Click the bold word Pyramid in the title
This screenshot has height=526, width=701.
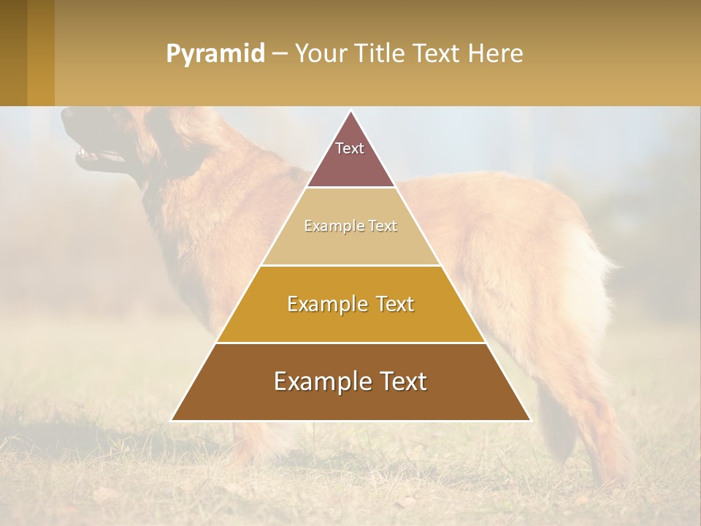click(x=215, y=54)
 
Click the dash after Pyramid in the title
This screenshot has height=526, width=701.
click(x=279, y=54)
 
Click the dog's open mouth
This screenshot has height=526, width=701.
click(x=91, y=155)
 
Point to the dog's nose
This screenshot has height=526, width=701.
click(x=66, y=115)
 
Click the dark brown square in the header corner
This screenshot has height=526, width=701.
click(x=13, y=53)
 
